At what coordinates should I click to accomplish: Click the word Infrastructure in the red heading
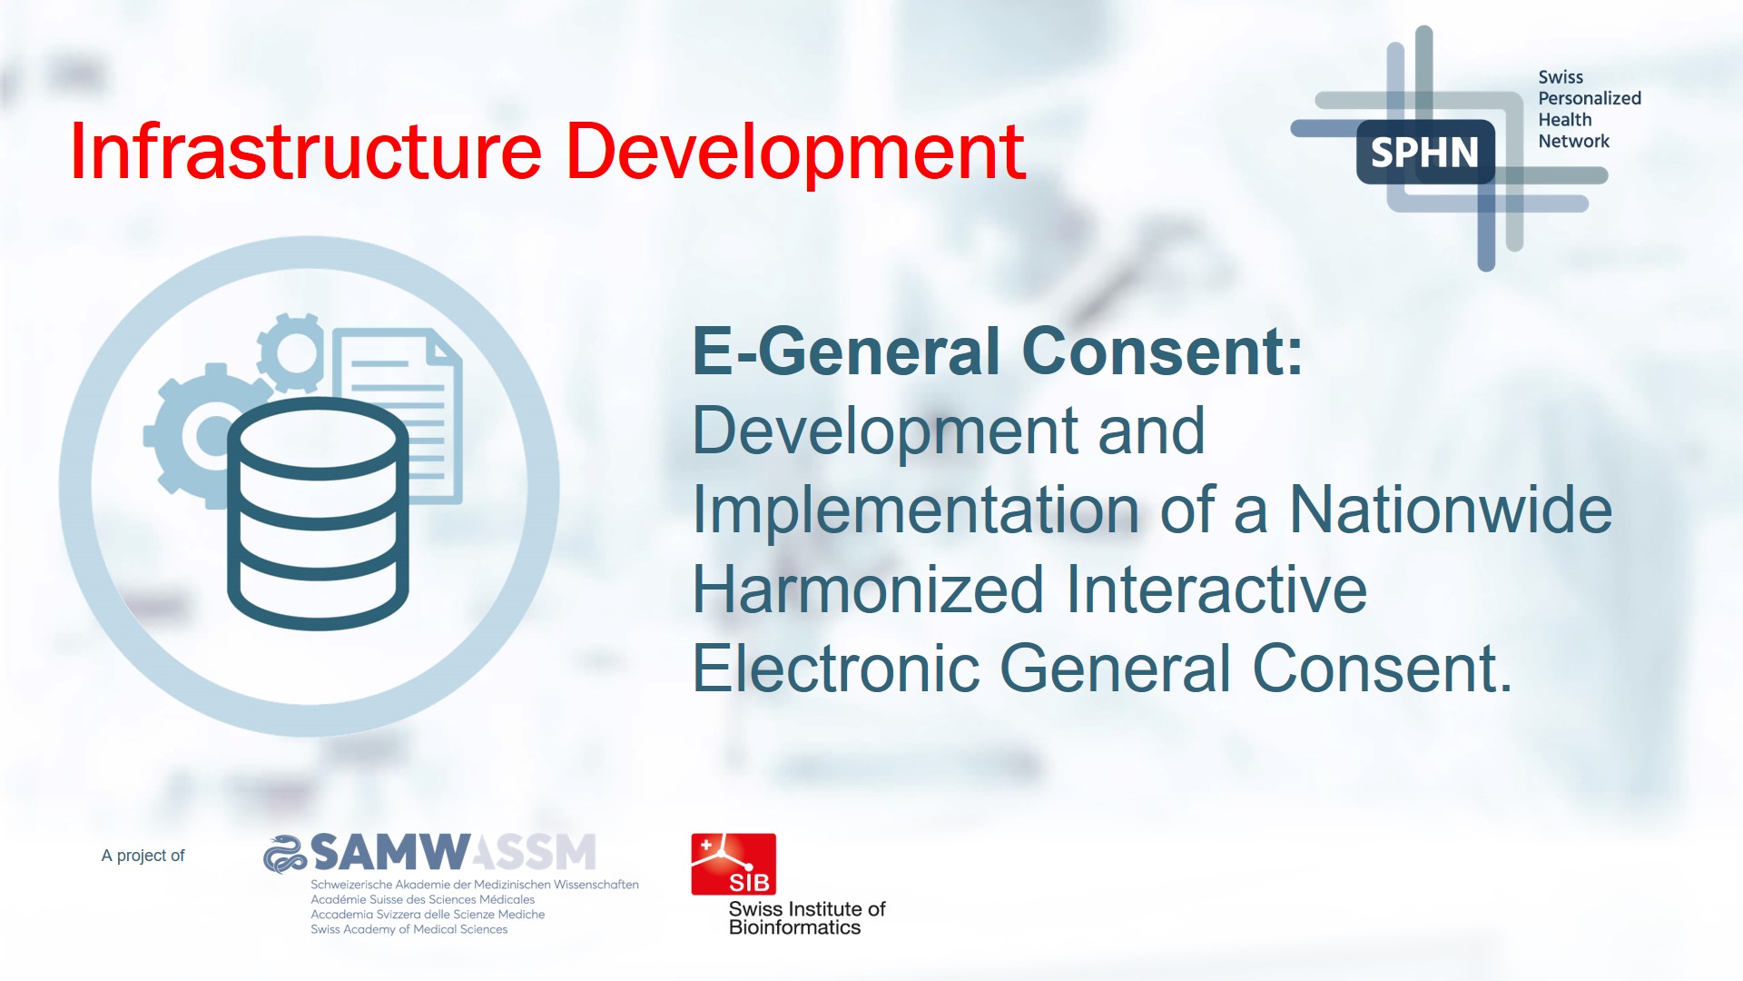pyautogui.click(x=305, y=152)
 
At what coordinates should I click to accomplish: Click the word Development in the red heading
pyautogui.click(x=795, y=152)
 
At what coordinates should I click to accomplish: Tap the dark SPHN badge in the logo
pyautogui.click(x=1424, y=152)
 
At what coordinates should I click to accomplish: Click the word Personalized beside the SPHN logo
pyautogui.click(x=1589, y=98)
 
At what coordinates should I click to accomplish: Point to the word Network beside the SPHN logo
pyautogui.click(x=1573, y=141)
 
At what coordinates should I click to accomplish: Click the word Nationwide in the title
pyautogui.click(x=1451, y=510)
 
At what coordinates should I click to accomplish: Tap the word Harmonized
pyautogui.click(x=868, y=590)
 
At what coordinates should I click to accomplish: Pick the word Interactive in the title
pyautogui.click(x=1216, y=590)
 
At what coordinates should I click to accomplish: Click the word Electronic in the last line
pyautogui.click(x=835, y=669)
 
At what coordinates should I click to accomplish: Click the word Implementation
pyautogui.click(x=915, y=510)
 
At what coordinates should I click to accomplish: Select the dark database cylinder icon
pyautogui.click(x=318, y=513)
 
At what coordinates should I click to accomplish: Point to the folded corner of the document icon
pyautogui.click(x=447, y=349)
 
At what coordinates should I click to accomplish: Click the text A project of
pyautogui.click(x=143, y=856)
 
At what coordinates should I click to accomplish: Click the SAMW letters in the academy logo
pyautogui.click(x=390, y=852)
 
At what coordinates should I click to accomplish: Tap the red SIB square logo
pyautogui.click(x=734, y=864)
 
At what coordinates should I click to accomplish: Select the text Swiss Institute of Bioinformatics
pyautogui.click(x=806, y=918)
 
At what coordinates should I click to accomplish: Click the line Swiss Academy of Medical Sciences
pyautogui.click(x=409, y=929)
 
